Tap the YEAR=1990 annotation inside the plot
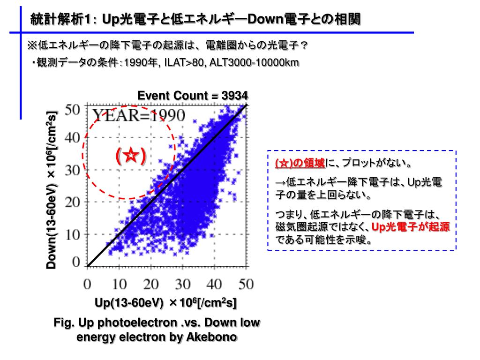click(138, 115)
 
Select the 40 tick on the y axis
click(73, 138)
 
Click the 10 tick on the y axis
click(73, 234)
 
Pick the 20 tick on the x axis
click(151, 284)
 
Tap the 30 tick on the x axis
click(183, 284)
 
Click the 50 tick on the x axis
click(246, 284)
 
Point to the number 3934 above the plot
click(235, 96)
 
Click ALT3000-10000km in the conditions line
click(254, 63)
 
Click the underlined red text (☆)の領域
click(300, 164)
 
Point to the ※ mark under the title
click(32, 45)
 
